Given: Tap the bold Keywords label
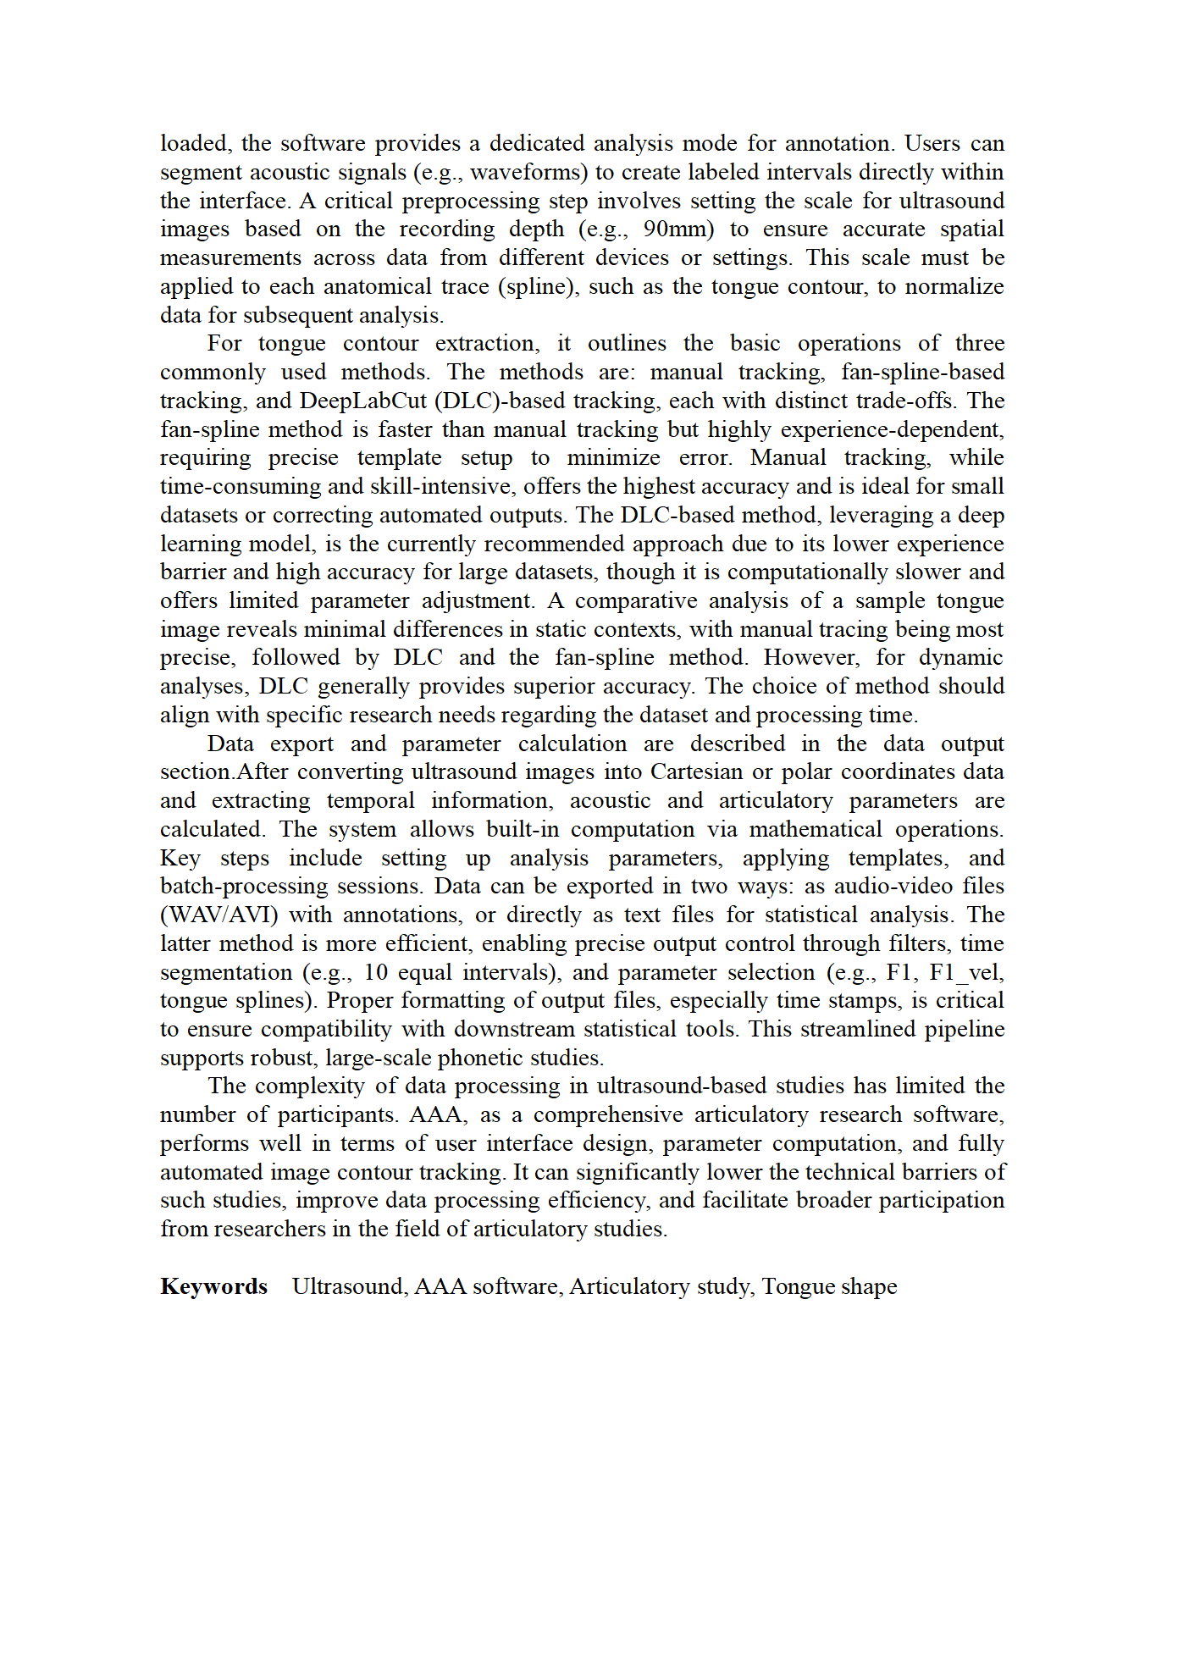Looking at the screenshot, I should point(213,1286).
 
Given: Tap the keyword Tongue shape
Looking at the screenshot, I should point(829,1286).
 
